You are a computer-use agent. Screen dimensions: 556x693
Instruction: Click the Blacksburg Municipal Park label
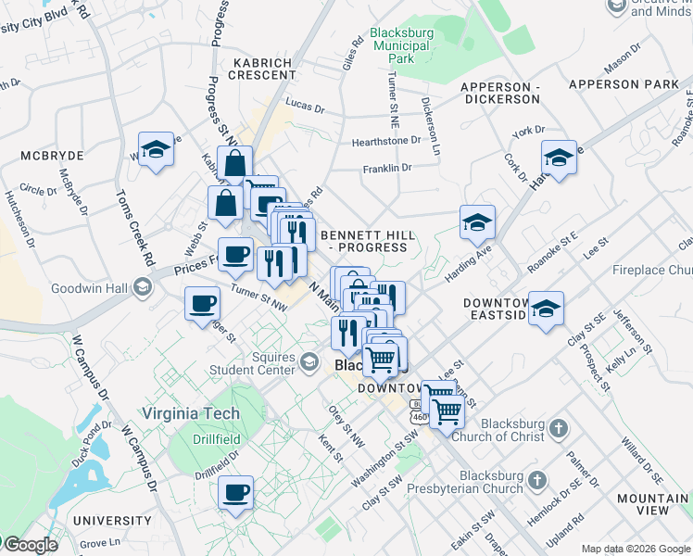pyautogui.click(x=403, y=44)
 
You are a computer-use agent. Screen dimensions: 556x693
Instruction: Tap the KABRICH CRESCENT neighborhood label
pyautogui.click(x=262, y=70)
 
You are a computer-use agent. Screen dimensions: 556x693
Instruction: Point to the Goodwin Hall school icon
pyautogui.click(x=142, y=287)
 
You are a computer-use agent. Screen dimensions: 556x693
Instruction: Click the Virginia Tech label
pyautogui.click(x=190, y=414)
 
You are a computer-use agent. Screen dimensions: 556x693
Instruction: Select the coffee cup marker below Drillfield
pyautogui.click(x=236, y=491)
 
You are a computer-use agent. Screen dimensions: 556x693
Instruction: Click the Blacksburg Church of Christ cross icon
pyautogui.click(x=557, y=428)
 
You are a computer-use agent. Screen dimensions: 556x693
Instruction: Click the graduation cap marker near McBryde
pyautogui.click(x=156, y=150)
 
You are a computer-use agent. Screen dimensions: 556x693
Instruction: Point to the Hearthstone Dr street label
pyautogui.click(x=385, y=142)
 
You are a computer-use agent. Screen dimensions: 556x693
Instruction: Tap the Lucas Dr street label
pyautogui.click(x=305, y=107)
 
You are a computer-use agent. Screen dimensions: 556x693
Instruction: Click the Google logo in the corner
pyautogui.click(x=30, y=545)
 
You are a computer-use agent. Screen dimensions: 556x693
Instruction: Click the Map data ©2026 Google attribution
pyautogui.click(x=636, y=549)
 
